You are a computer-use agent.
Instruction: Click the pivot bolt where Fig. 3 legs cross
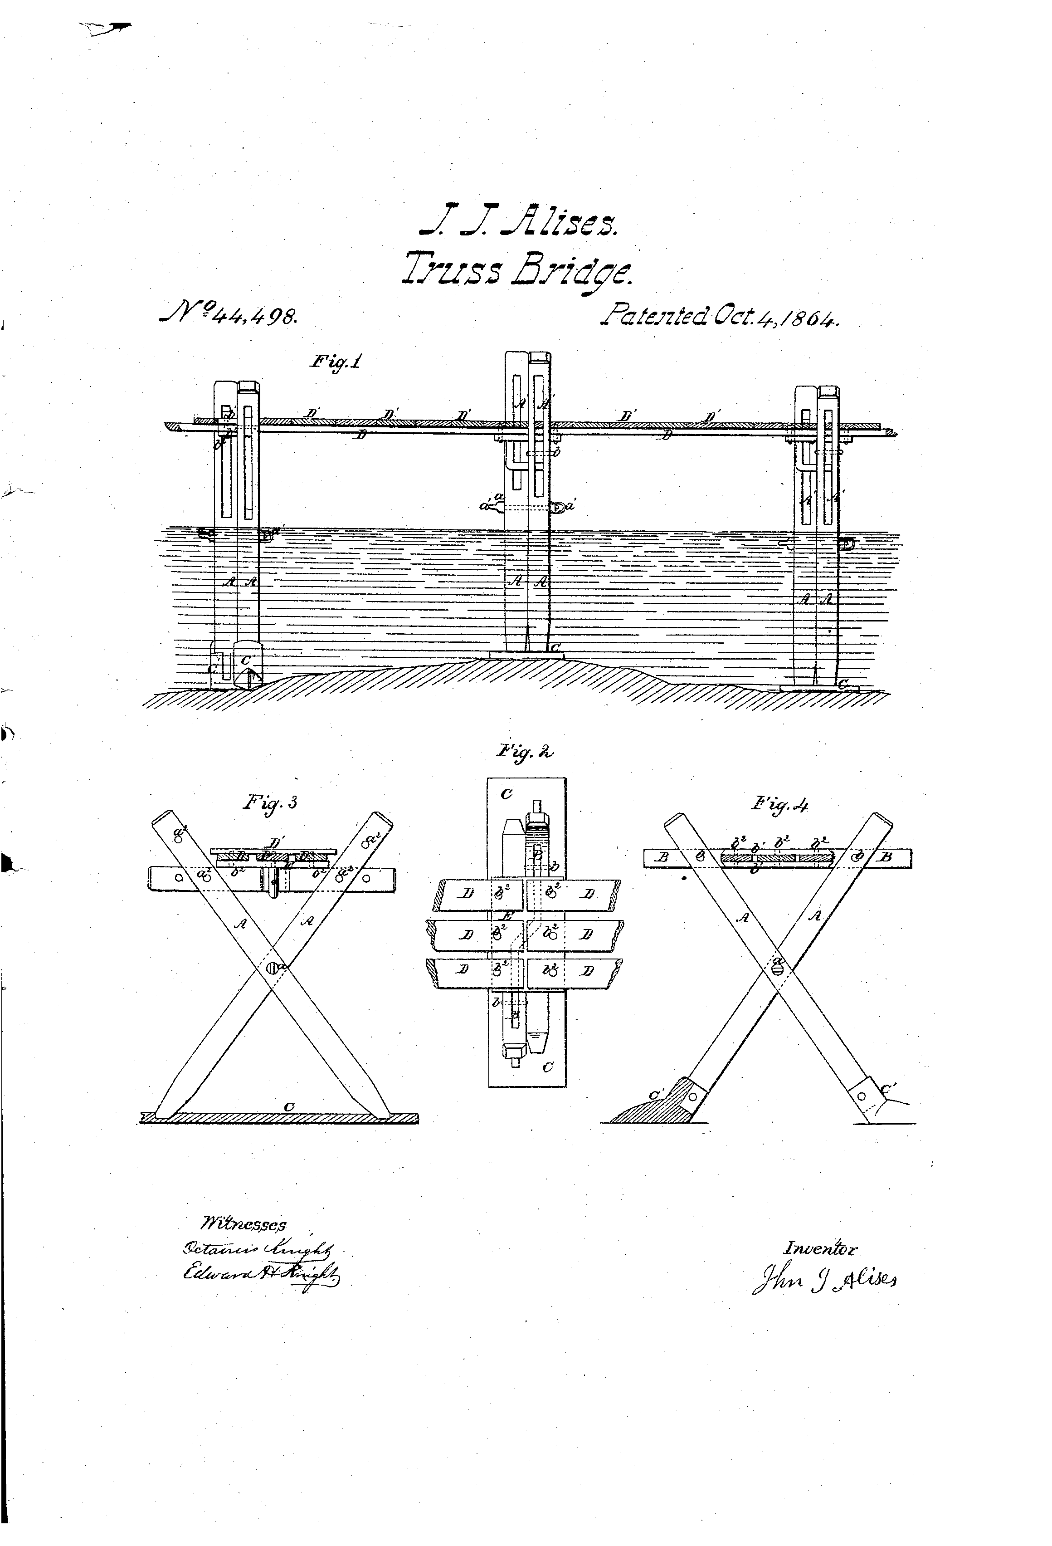click(272, 969)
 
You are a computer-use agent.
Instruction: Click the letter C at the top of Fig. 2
click(507, 793)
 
